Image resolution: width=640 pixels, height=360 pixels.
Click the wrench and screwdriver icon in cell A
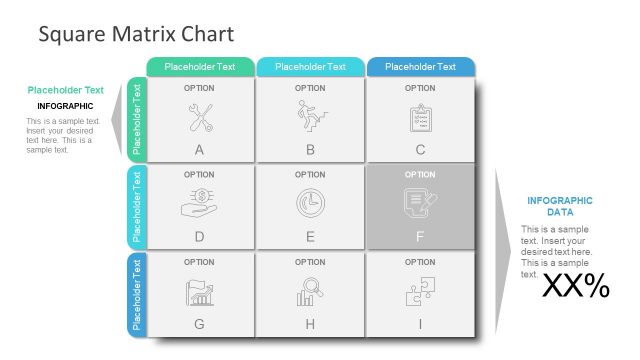coord(199,118)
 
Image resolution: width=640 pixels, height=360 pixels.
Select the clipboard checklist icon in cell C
coord(420,118)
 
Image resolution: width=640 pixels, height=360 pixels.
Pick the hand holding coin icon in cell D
coord(199,203)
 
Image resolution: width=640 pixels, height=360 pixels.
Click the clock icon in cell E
coord(310,203)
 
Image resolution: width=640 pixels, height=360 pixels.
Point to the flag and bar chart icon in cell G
coord(199,291)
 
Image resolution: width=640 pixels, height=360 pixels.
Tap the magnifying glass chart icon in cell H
coord(310,291)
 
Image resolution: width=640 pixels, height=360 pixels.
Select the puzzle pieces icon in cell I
coord(420,291)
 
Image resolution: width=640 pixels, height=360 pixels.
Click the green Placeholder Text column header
coord(200,67)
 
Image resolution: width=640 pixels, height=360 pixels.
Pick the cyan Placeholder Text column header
coord(310,67)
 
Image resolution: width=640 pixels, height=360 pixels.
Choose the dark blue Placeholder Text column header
coord(420,67)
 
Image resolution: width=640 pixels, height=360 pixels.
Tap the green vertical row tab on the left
coord(138,119)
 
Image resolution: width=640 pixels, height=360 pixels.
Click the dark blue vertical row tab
coord(138,295)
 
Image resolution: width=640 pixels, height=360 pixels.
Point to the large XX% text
coord(575,287)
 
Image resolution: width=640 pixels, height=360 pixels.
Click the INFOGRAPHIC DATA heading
coord(559,206)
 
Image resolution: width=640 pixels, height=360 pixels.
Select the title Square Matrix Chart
coord(136,34)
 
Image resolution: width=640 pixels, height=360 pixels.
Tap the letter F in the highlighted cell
coord(420,237)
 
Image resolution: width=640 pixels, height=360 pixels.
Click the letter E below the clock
coord(310,237)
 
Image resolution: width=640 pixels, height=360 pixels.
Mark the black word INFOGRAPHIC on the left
coord(65,106)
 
